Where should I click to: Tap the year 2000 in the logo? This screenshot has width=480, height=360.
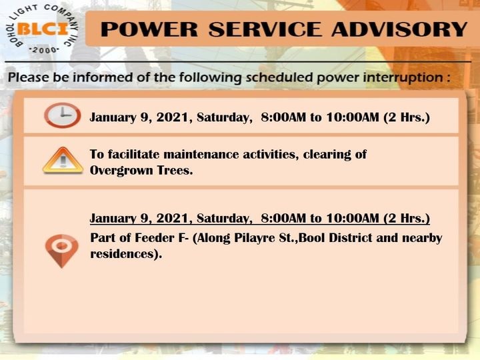(44, 50)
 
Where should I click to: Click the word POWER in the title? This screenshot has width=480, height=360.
(149, 29)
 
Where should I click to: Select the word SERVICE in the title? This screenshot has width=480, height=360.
(265, 29)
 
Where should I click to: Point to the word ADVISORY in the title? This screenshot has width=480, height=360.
(399, 29)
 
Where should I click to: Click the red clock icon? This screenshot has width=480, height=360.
(63, 115)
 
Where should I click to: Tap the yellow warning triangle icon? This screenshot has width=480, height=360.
(63, 161)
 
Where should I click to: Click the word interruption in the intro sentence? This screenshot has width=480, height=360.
(403, 77)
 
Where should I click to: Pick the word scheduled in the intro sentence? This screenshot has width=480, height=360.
(279, 77)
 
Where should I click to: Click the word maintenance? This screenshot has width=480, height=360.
(201, 154)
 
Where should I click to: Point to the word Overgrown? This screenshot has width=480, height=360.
(121, 171)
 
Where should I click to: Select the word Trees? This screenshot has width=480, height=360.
(175, 171)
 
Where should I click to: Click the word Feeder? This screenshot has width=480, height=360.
(155, 238)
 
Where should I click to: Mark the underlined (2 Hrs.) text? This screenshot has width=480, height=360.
(407, 218)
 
